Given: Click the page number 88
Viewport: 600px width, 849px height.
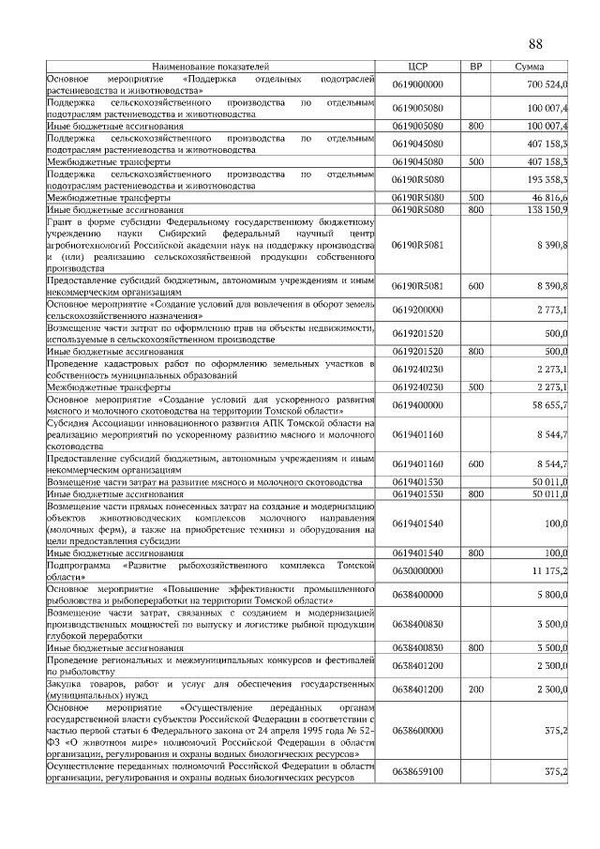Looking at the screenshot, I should coord(536,44).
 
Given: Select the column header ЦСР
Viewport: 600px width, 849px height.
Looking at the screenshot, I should coord(417,68).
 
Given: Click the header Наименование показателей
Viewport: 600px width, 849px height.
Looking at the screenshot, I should coord(211,68).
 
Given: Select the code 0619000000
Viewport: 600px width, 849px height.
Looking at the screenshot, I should coord(417,85).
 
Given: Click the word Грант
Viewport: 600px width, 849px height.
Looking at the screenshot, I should coord(61,222).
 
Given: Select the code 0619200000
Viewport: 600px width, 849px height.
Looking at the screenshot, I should coord(417,310).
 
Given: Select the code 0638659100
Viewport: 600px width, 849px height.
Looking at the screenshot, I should coord(417,771).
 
